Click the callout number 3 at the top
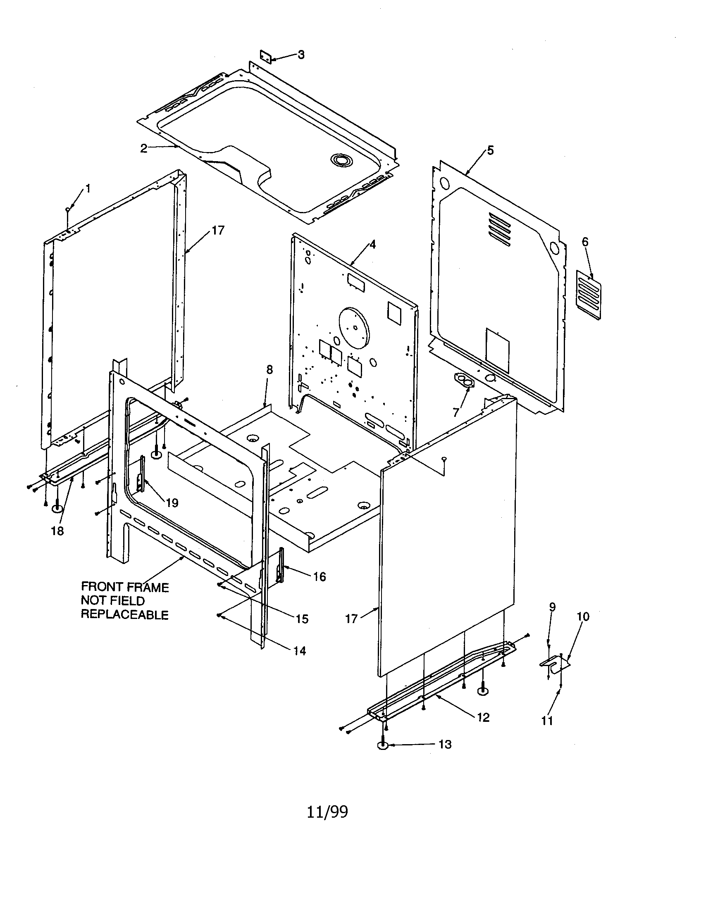coord(301,55)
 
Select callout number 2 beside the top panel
coord(143,148)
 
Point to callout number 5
coord(490,150)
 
